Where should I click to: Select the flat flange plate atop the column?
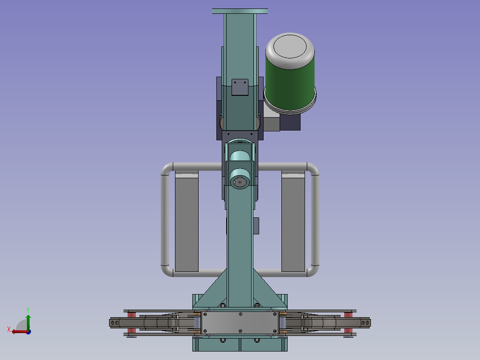(x=240, y=11)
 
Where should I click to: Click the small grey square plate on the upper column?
(x=240, y=87)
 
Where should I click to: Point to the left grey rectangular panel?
(x=187, y=221)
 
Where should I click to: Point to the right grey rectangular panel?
(x=293, y=221)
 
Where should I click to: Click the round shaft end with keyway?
(x=240, y=182)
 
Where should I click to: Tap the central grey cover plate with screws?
(x=240, y=323)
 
